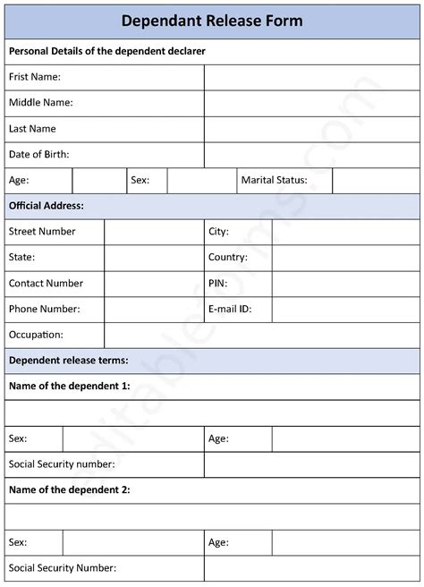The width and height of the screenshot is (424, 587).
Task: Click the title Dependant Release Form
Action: [x=212, y=21]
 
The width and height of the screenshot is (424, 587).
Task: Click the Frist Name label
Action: [x=35, y=77]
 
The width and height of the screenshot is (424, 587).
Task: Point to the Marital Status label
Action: [x=274, y=180]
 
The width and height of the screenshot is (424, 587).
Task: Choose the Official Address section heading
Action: [x=47, y=206]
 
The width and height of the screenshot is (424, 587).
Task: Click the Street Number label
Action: [x=42, y=232]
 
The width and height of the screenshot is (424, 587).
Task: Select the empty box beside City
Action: [x=345, y=232]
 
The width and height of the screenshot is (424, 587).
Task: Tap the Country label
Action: [x=227, y=258]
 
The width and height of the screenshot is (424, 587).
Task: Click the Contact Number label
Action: [x=46, y=283]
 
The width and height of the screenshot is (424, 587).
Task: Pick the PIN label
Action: [x=218, y=283]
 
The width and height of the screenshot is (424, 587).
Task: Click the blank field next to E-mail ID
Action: [x=345, y=309]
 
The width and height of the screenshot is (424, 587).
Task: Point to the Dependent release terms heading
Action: [x=69, y=361]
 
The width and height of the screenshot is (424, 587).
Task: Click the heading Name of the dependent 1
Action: [x=70, y=387]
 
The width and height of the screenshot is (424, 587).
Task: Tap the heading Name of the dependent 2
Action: [x=70, y=489]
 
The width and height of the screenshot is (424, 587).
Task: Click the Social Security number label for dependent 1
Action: [x=62, y=464]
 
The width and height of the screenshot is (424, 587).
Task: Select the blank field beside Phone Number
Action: [x=154, y=309]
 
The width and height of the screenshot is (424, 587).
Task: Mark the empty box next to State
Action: [x=154, y=258]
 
